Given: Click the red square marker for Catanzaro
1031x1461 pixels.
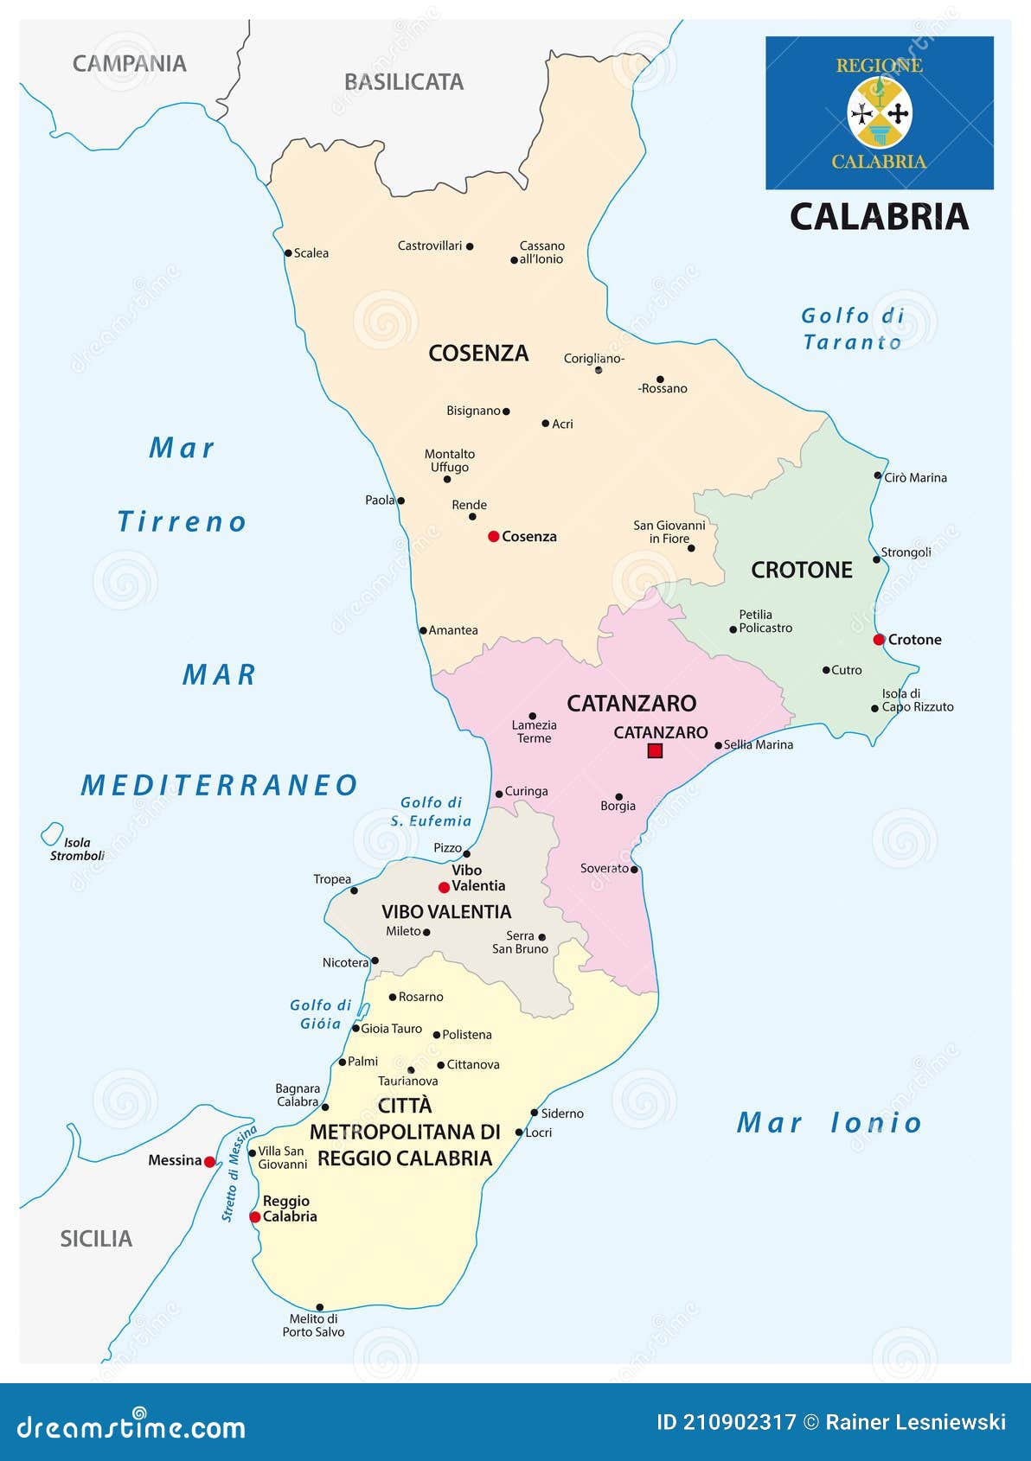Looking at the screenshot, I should pos(655,751).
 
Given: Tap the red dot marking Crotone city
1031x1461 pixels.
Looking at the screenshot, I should pos(879,640).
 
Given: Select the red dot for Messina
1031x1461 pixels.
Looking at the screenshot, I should pos(209,1162).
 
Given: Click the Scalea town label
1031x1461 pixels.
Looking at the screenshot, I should pos(311,253).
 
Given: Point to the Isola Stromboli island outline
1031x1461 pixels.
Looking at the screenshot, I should pos(52,834).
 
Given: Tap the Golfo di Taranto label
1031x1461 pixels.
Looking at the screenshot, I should pos(852,329).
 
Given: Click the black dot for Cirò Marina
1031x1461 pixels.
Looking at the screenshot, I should pos(877,475).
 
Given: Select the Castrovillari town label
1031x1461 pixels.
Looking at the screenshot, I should pos(430,246).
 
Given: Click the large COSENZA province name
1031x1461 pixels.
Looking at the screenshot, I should pos(478,353).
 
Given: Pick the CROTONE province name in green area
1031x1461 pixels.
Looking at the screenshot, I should pos(801,570).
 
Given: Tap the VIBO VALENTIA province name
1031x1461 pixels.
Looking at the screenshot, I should pos(446,911).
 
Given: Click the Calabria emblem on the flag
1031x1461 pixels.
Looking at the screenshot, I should pos(880,112).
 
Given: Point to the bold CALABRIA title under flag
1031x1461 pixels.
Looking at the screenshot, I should pos(879,217).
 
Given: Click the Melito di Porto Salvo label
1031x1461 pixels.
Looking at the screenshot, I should pos(313,1325).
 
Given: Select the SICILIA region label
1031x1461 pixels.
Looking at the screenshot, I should pos(96,1239).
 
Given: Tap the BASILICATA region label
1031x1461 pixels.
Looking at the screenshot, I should pos(404,82).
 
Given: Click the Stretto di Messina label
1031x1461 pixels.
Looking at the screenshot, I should pos(239,1173).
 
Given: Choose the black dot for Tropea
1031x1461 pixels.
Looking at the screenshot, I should pos(354,890).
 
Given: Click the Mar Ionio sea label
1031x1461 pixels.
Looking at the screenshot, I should pos(829,1123).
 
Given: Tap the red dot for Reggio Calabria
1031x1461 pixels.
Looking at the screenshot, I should pos(255,1217).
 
